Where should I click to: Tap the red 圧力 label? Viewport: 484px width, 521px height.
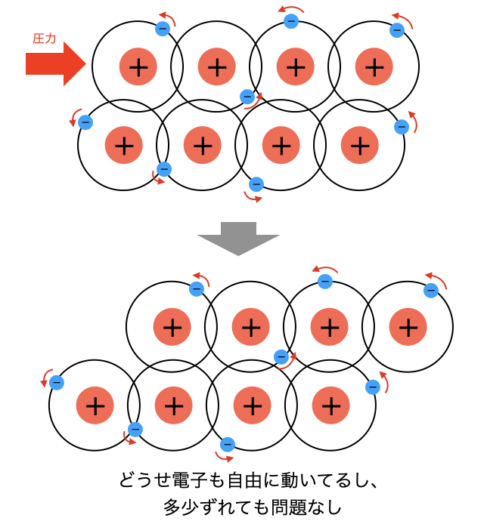coord(45,39)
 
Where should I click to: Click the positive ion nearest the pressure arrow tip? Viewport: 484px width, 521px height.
coord(138,67)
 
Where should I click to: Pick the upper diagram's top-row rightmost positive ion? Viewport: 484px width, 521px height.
coord(374,67)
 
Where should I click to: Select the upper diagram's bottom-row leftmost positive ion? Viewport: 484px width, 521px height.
coord(123,143)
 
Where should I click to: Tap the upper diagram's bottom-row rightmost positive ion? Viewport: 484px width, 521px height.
coord(359,143)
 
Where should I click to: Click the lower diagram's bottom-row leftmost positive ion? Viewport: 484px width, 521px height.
coord(95,405)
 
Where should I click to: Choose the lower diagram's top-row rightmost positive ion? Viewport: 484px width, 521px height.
coord(408,327)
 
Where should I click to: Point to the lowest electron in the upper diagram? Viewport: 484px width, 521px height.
coord(256,183)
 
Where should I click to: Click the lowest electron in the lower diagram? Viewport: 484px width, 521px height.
coord(228,444)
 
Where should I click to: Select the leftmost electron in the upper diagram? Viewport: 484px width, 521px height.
coord(85,122)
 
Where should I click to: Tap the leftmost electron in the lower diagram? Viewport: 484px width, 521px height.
coord(57,383)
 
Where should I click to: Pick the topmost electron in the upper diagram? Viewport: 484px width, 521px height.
coord(291,21)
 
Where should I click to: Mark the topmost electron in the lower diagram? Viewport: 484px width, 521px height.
coord(325,282)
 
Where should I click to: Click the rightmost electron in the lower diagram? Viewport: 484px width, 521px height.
coord(431,290)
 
